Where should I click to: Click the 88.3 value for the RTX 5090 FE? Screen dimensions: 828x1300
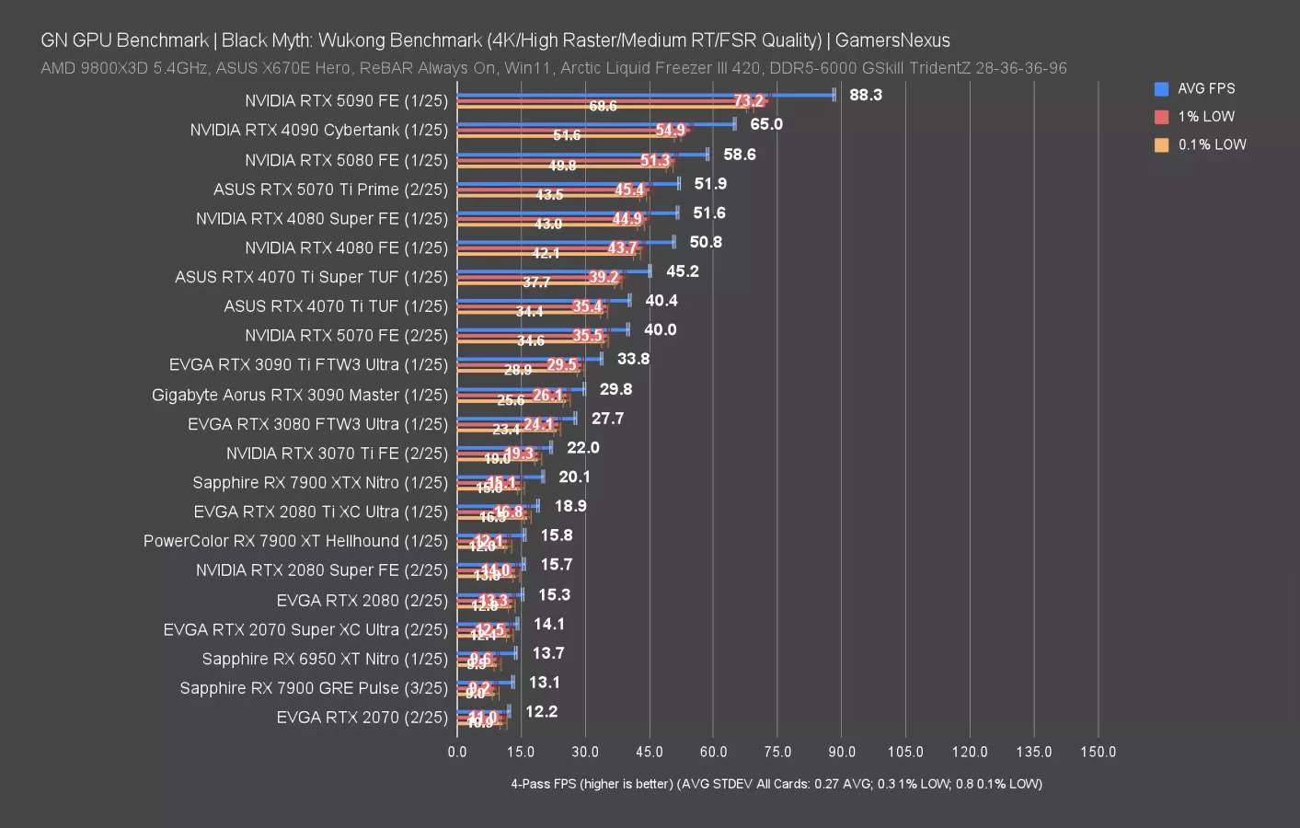click(x=866, y=95)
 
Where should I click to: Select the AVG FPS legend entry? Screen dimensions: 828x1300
click(x=1205, y=88)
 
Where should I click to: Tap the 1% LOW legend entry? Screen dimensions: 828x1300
click(x=1205, y=117)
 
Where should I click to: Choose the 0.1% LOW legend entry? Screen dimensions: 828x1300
click(x=1211, y=144)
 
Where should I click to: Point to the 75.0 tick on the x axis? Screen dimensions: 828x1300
click(x=777, y=752)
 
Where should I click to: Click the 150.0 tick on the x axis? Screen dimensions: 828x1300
click(x=1098, y=752)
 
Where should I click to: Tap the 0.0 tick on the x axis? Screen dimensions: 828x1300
click(x=457, y=752)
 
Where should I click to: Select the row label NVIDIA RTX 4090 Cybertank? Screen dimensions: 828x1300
click(x=318, y=130)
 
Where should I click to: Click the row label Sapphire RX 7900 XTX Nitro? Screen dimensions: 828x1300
click(x=319, y=482)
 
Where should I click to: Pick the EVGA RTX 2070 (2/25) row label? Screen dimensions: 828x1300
click(x=362, y=717)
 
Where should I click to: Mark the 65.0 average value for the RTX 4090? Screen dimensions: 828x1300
click(x=766, y=124)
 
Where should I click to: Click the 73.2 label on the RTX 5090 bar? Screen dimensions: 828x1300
click(x=749, y=101)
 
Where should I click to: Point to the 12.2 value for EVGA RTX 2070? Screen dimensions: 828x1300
click(x=541, y=711)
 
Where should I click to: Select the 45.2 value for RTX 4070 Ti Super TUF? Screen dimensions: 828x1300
click(x=683, y=270)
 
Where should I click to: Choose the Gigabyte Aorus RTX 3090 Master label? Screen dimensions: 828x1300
click(x=299, y=395)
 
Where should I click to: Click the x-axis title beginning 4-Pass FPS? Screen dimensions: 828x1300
click(x=777, y=784)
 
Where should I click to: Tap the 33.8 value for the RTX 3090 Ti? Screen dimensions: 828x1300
click(x=633, y=359)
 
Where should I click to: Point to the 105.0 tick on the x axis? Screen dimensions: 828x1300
click(x=905, y=752)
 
